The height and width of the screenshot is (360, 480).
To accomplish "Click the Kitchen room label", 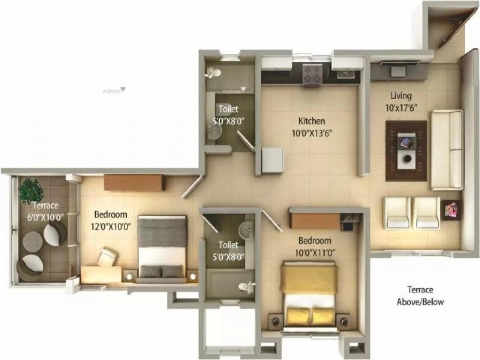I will point(312,121).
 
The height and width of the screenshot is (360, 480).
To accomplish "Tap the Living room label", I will point(401,96).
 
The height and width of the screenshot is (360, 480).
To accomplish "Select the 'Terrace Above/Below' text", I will point(420,296).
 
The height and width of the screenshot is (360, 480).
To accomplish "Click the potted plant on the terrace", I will point(30,190).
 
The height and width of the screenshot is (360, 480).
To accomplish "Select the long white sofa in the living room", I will point(447,149).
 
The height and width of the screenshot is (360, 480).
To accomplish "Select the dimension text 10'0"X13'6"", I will point(312,133).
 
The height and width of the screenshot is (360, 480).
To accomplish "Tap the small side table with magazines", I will point(452,210).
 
